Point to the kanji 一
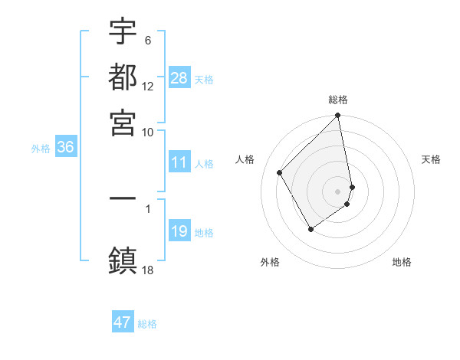pyautogui.click(x=123, y=198)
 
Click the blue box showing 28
pyautogui.click(x=179, y=77)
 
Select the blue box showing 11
pyautogui.click(x=179, y=162)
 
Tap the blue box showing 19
pyautogui.click(x=179, y=231)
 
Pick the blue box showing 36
pyautogui.click(x=65, y=148)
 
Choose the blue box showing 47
pyautogui.click(x=123, y=322)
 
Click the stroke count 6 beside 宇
pyautogui.click(x=147, y=41)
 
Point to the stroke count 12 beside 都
pyautogui.click(x=148, y=87)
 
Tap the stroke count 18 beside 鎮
pyautogui.click(x=148, y=270)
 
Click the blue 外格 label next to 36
pyautogui.click(x=41, y=149)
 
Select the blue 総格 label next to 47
pyautogui.click(x=147, y=324)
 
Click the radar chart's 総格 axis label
pyautogui.click(x=338, y=100)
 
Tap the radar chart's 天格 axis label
pyautogui.click(x=432, y=159)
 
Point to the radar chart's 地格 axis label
pyautogui.click(x=402, y=262)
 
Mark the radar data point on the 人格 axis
pyautogui.click(x=280, y=172)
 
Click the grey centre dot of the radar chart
pyautogui.click(x=338, y=191)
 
